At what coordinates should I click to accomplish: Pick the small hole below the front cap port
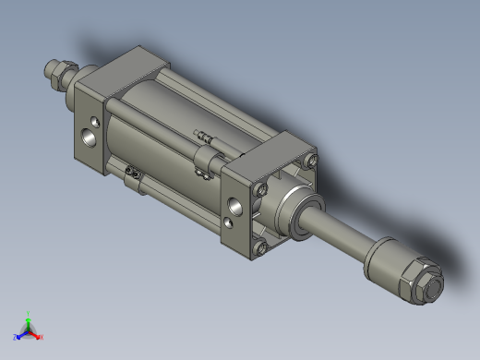click(x=228, y=222)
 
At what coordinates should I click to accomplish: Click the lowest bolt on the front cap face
click(x=261, y=246)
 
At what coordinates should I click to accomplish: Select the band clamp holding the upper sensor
click(x=208, y=166)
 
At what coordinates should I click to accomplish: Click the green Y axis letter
click(x=30, y=314)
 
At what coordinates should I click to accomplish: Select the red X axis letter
click(x=42, y=337)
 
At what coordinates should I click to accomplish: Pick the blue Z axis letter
click(x=17, y=337)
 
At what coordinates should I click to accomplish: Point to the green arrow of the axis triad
click(x=30, y=322)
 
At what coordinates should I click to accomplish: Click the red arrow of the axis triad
click(x=36, y=333)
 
